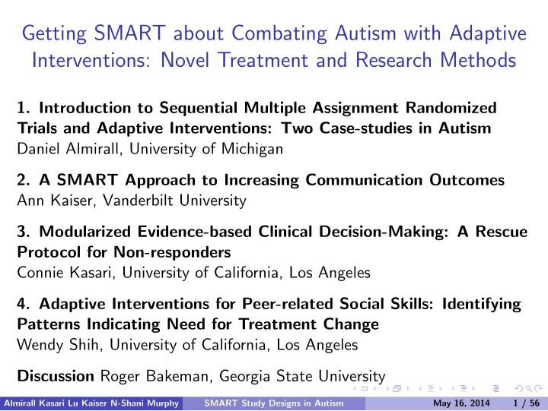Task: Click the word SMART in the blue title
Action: (x=129, y=33)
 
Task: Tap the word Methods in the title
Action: (x=478, y=60)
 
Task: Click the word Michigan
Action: (x=253, y=150)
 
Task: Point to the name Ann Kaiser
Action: (x=56, y=201)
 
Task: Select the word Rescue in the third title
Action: (x=502, y=232)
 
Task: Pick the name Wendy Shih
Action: (x=60, y=345)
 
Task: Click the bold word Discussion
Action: (x=56, y=376)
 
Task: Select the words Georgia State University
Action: (x=302, y=376)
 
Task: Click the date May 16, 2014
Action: (x=461, y=403)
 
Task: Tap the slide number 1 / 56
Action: (x=527, y=403)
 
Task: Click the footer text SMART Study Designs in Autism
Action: (x=274, y=403)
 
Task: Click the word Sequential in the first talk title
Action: (x=199, y=108)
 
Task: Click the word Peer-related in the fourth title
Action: (x=287, y=304)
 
